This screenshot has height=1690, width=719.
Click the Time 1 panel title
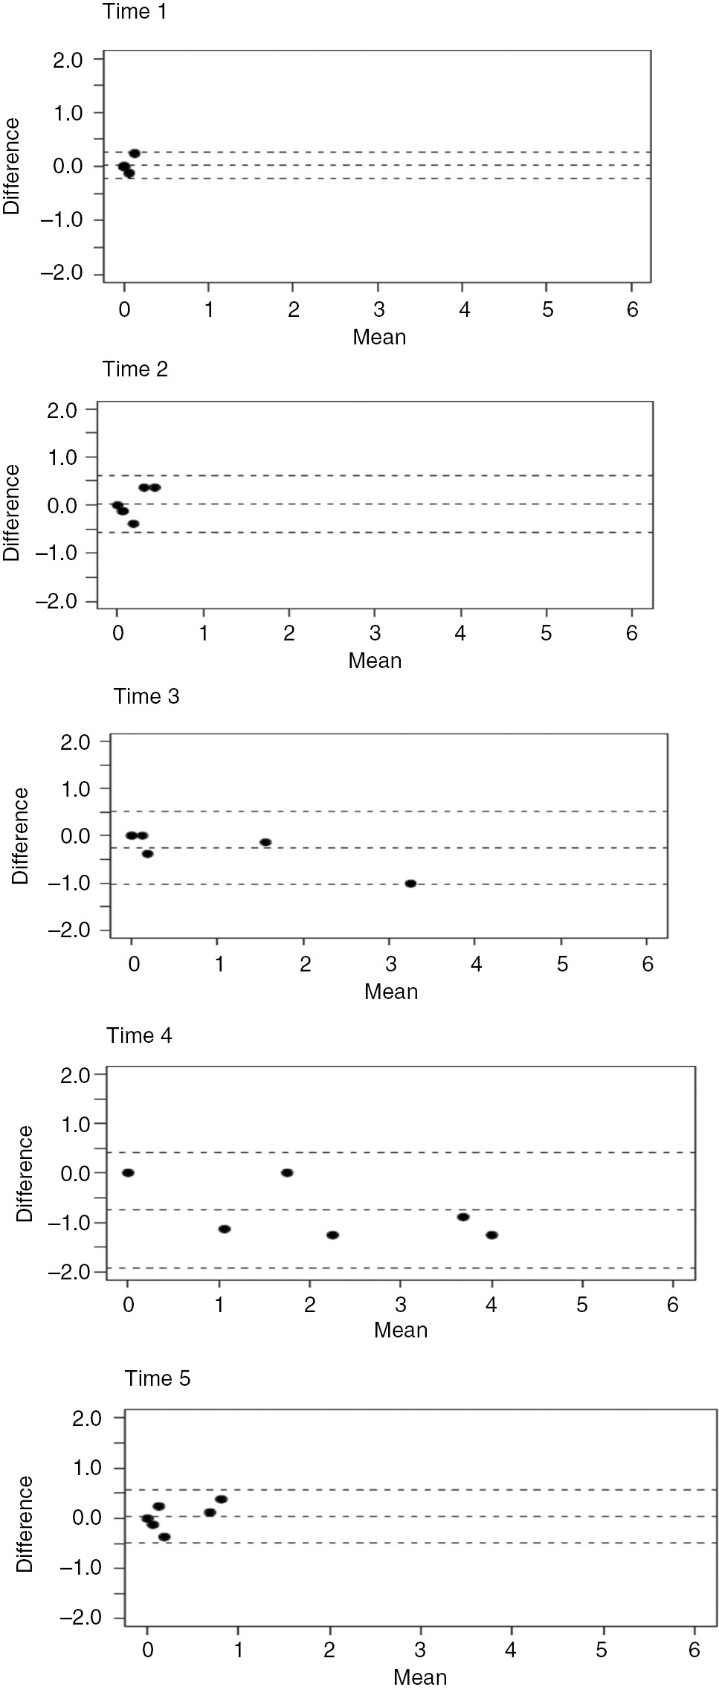pyautogui.click(x=135, y=13)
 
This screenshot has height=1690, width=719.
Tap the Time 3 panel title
pyautogui.click(x=146, y=697)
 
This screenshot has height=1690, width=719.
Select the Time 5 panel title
pyautogui.click(x=158, y=1378)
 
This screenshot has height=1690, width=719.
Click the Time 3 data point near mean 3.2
pyautogui.click(x=410, y=884)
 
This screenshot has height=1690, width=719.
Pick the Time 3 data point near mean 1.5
pyautogui.click(x=265, y=843)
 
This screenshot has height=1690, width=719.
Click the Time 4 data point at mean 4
pyautogui.click(x=491, y=1235)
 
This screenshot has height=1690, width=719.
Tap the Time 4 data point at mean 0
pyautogui.click(x=128, y=1173)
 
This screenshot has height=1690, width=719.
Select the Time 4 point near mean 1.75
pyautogui.click(x=287, y=1173)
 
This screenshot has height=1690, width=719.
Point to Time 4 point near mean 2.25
pyautogui.click(x=332, y=1235)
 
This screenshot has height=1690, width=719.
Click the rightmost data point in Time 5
pyautogui.click(x=221, y=1499)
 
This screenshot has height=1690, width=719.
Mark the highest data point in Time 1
pyautogui.click(x=135, y=153)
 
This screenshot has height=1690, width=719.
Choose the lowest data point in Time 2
pyautogui.click(x=133, y=524)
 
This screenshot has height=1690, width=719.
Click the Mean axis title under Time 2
pyautogui.click(x=375, y=661)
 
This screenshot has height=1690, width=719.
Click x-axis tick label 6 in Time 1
pyautogui.click(x=632, y=310)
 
